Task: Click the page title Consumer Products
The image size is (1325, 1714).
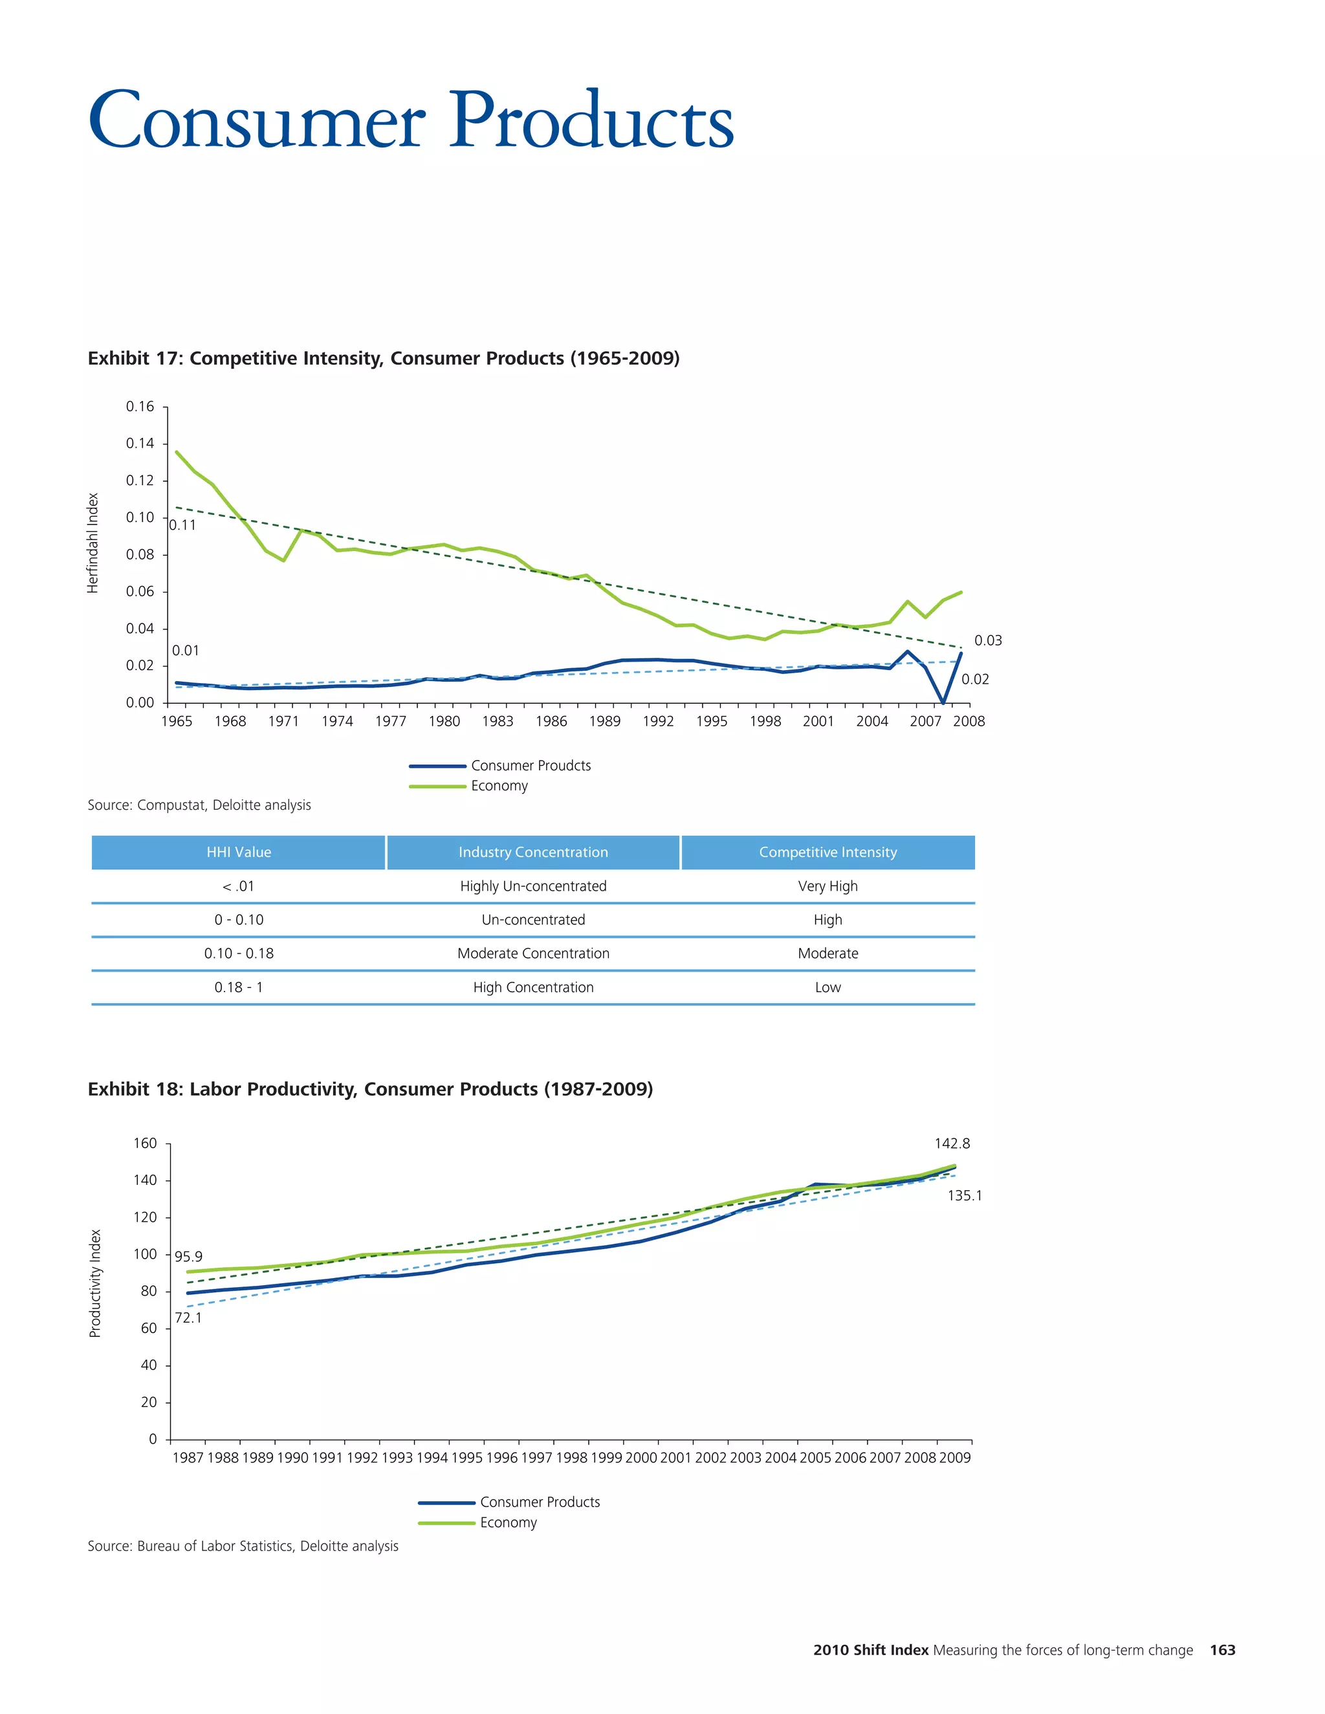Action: pyautogui.click(x=411, y=122)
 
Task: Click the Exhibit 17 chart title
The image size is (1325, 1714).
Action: pyautogui.click(x=383, y=359)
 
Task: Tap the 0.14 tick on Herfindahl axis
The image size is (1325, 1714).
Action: pyautogui.click(x=140, y=444)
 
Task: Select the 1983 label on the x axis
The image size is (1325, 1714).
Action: pyautogui.click(x=498, y=721)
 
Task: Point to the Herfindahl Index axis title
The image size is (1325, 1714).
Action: pyautogui.click(x=93, y=543)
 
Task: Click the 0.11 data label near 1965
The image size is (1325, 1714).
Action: pyautogui.click(x=183, y=525)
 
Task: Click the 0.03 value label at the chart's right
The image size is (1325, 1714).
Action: pyautogui.click(x=987, y=640)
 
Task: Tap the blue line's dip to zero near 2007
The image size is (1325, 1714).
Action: pyautogui.click(x=943, y=701)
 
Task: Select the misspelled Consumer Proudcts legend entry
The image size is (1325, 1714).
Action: pyautogui.click(x=531, y=765)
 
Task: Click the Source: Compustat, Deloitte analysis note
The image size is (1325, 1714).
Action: pyautogui.click(x=199, y=805)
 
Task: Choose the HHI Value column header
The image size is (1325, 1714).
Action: pyautogui.click(x=239, y=852)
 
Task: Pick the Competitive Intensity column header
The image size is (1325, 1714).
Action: pyautogui.click(x=827, y=852)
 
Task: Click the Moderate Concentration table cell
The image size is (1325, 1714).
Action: pyautogui.click(x=533, y=953)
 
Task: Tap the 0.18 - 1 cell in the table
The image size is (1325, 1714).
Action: pyautogui.click(x=239, y=987)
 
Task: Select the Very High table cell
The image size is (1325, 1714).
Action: pyautogui.click(x=827, y=886)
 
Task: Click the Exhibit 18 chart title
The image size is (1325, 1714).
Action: pyautogui.click(x=369, y=1089)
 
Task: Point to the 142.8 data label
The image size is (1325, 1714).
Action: pyautogui.click(x=951, y=1144)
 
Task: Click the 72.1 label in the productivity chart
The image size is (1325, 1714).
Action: pyautogui.click(x=188, y=1318)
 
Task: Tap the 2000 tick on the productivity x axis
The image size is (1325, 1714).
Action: pyautogui.click(x=641, y=1457)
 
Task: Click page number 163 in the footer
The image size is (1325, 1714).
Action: pyautogui.click(x=1222, y=1650)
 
